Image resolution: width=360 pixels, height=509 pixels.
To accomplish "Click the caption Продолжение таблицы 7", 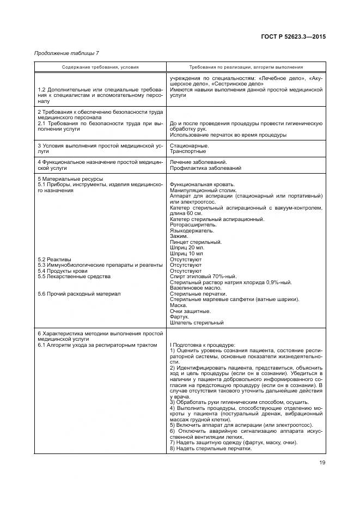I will pos(66,53).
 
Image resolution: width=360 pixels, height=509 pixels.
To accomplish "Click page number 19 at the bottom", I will pos(322,463).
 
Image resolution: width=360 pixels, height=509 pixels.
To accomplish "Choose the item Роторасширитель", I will pos(193,225).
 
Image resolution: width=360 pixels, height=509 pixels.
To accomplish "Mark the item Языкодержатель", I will pos(192,230).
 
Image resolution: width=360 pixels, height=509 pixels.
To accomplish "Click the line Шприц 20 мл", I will pos(186,248).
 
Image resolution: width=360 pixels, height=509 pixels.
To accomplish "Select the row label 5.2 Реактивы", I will pos(54,259).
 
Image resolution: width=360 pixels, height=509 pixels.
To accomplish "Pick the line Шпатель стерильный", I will pos(197,323).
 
